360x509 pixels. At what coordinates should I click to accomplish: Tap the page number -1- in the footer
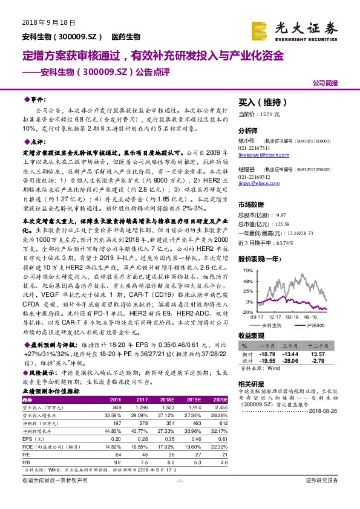pyautogui.click(x=178, y=496)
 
